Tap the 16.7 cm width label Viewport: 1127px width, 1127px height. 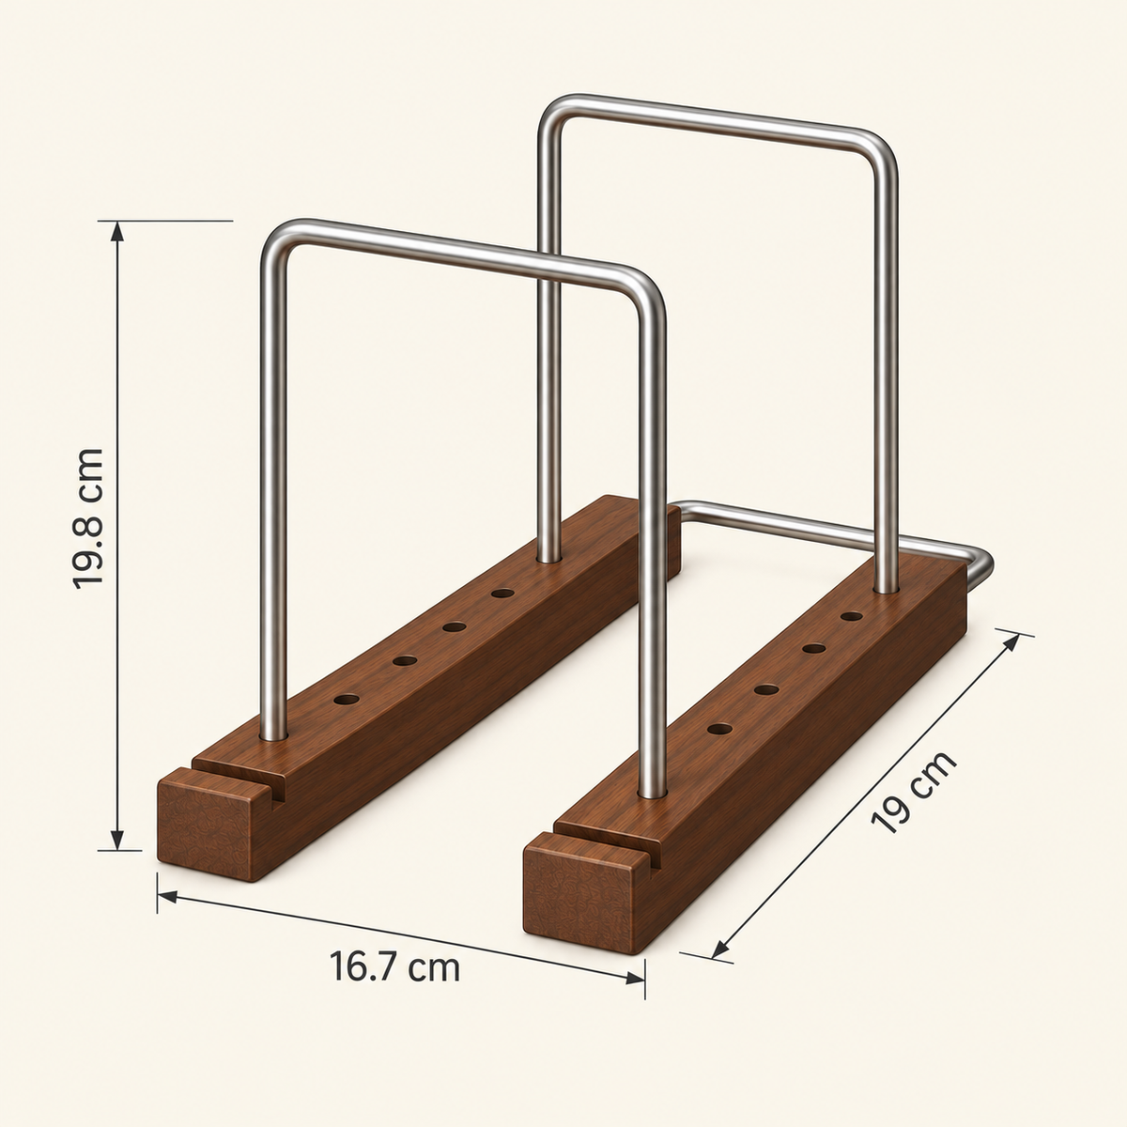pyautogui.click(x=394, y=967)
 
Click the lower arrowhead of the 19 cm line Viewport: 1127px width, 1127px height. pyautogui.click(x=720, y=949)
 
